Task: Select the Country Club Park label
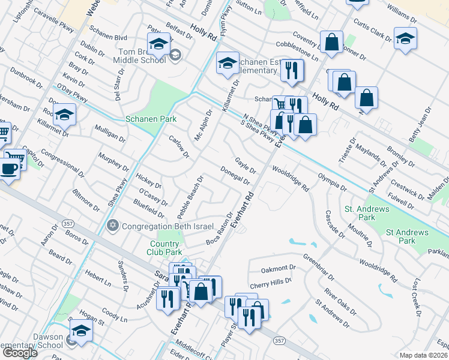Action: point(164,248)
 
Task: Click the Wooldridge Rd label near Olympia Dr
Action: point(290,179)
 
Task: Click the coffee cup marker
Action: point(8,168)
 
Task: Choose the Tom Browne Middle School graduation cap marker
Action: point(159,44)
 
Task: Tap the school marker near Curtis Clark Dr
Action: point(405,38)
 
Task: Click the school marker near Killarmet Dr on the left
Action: point(65,113)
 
